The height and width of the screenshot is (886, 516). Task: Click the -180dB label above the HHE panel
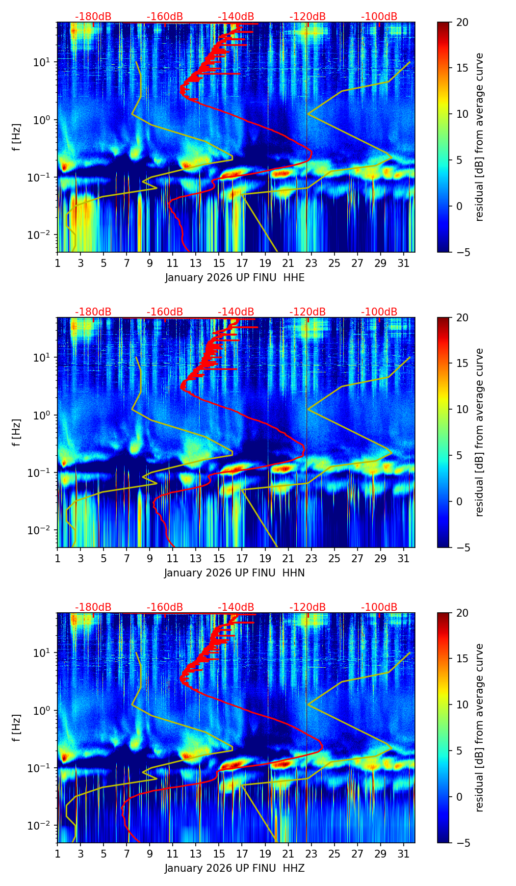coord(93,17)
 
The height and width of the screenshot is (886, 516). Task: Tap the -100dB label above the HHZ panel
coord(379,607)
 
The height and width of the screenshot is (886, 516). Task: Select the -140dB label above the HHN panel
coord(236,312)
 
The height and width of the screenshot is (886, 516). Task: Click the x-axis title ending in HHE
coord(234,278)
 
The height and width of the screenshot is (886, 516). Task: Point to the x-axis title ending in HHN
coord(234,573)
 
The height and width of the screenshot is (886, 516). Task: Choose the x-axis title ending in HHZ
coord(234,868)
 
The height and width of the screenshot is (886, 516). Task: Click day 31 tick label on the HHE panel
coord(403,263)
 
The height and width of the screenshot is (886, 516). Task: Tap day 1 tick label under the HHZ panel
coord(57,854)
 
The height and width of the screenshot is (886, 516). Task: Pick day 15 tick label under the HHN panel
coord(219,558)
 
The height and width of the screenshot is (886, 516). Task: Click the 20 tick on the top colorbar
coord(462,22)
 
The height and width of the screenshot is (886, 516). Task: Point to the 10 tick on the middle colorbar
coord(462,409)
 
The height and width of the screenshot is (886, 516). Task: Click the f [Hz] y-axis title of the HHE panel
coord(17,137)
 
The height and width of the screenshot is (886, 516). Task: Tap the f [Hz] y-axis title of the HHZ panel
coord(17,728)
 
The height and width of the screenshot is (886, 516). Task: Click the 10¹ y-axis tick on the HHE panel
coord(42,62)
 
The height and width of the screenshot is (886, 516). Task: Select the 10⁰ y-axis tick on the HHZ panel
coord(42,710)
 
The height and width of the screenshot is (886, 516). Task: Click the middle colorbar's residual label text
coord(480,432)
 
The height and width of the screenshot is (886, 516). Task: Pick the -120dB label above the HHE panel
coord(308,17)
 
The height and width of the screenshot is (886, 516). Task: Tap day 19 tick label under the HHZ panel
coord(265,854)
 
